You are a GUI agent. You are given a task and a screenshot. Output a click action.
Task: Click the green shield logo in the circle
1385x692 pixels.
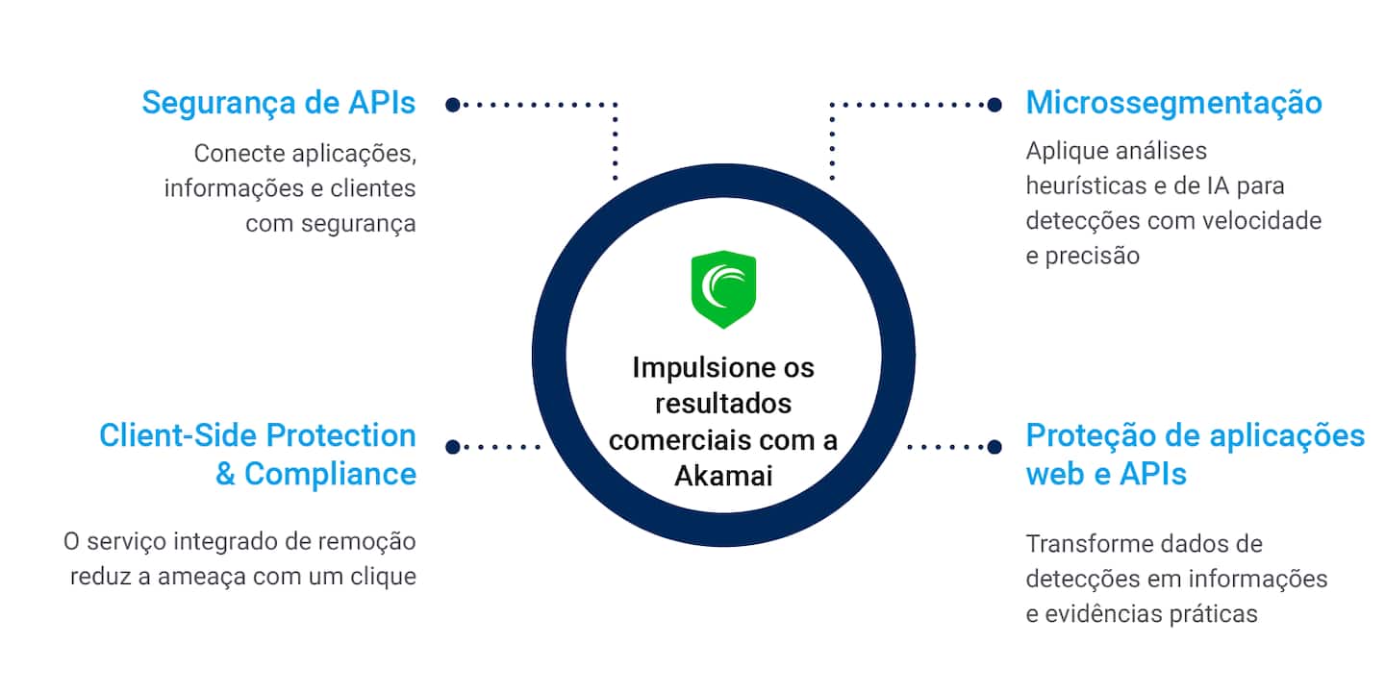(723, 289)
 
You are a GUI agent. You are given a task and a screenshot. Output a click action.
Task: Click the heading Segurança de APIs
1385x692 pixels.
(279, 103)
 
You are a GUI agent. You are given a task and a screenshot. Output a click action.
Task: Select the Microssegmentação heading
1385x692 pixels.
(1173, 103)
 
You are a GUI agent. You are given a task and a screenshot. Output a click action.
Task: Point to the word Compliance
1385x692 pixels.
(330, 474)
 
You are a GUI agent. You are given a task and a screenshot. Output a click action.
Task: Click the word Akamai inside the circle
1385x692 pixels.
(723, 476)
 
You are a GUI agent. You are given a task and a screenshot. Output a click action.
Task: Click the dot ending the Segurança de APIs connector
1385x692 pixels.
(452, 104)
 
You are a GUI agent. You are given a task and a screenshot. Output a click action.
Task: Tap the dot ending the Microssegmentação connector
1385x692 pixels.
(995, 104)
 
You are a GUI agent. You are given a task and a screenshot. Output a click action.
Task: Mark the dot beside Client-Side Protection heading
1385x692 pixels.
(452, 446)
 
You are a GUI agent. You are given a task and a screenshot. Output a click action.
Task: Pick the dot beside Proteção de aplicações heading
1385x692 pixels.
(995, 446)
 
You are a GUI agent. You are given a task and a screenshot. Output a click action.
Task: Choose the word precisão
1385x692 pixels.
(1082, 255)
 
